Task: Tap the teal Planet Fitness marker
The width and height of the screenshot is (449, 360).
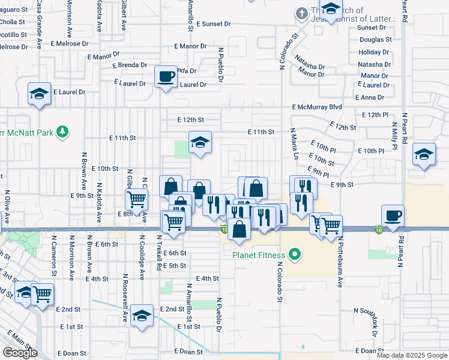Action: point(294,256)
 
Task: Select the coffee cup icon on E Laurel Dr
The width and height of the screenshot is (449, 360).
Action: point(166,76)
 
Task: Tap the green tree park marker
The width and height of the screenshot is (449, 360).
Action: point(62,131)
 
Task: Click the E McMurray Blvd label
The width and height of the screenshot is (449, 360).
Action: point(317,107)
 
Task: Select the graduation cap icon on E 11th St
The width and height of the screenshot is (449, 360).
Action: point(200,142)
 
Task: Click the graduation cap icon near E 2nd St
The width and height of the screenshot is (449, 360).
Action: point(142,315)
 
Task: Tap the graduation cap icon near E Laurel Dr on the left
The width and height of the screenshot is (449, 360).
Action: point(39,94)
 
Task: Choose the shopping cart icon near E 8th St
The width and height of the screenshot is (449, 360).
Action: point(137,199)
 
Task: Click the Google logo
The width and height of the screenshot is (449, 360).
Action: point(20,353)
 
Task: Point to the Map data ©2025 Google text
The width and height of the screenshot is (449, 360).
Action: point(412,355)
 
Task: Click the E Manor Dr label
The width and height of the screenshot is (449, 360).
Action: point(190,46)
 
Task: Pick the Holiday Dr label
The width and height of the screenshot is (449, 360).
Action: point(375,52)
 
